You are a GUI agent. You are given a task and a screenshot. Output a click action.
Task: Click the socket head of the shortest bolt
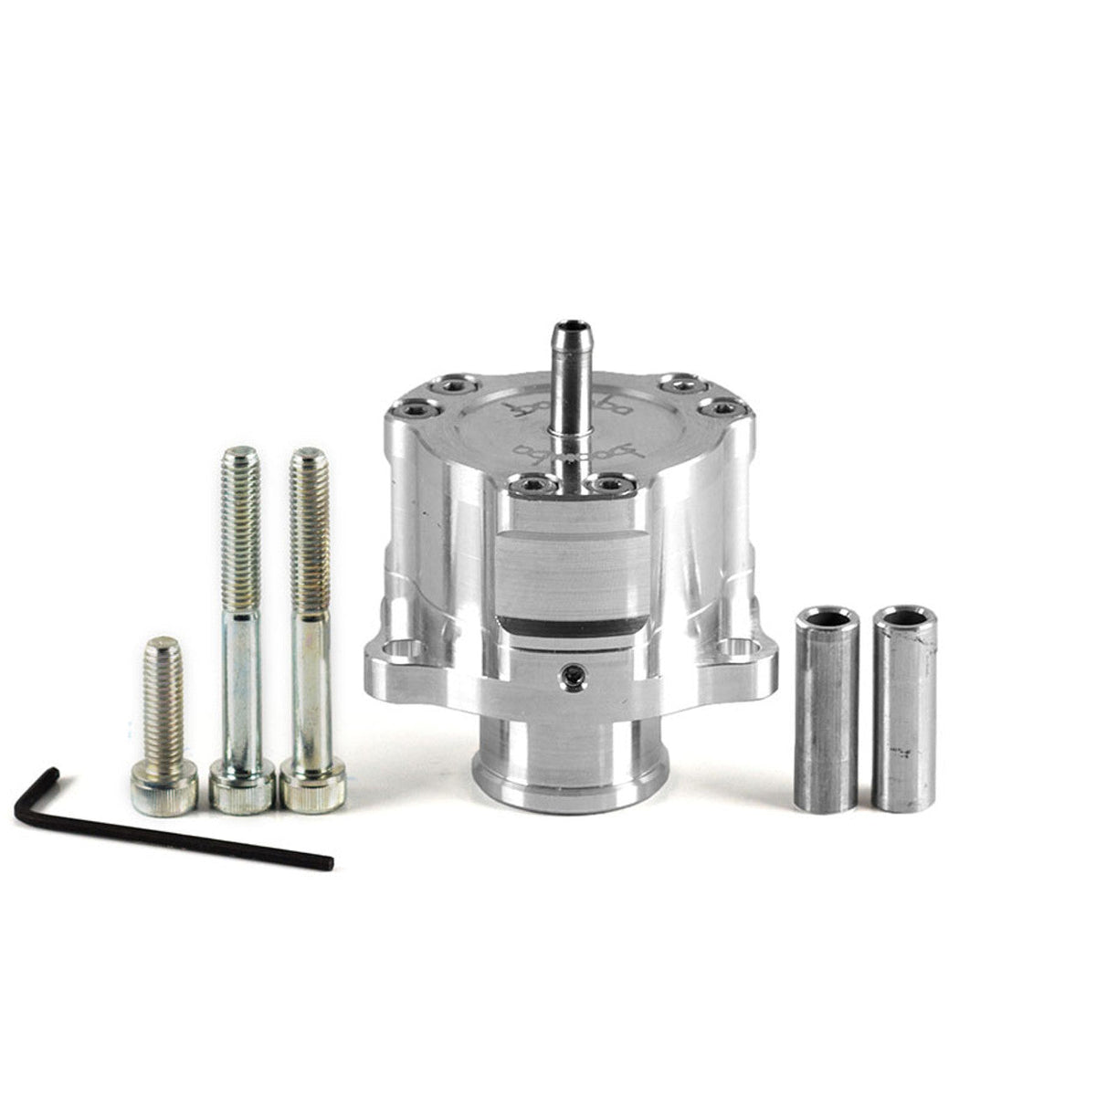(163, 789)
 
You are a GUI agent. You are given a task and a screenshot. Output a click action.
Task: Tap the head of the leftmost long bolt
(242, 785)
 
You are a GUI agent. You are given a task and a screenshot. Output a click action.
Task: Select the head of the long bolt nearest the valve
(311, 785)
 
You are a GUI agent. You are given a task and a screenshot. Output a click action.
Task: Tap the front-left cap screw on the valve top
(528, 486)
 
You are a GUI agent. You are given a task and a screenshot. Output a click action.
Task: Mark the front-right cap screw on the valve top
(610, 484)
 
